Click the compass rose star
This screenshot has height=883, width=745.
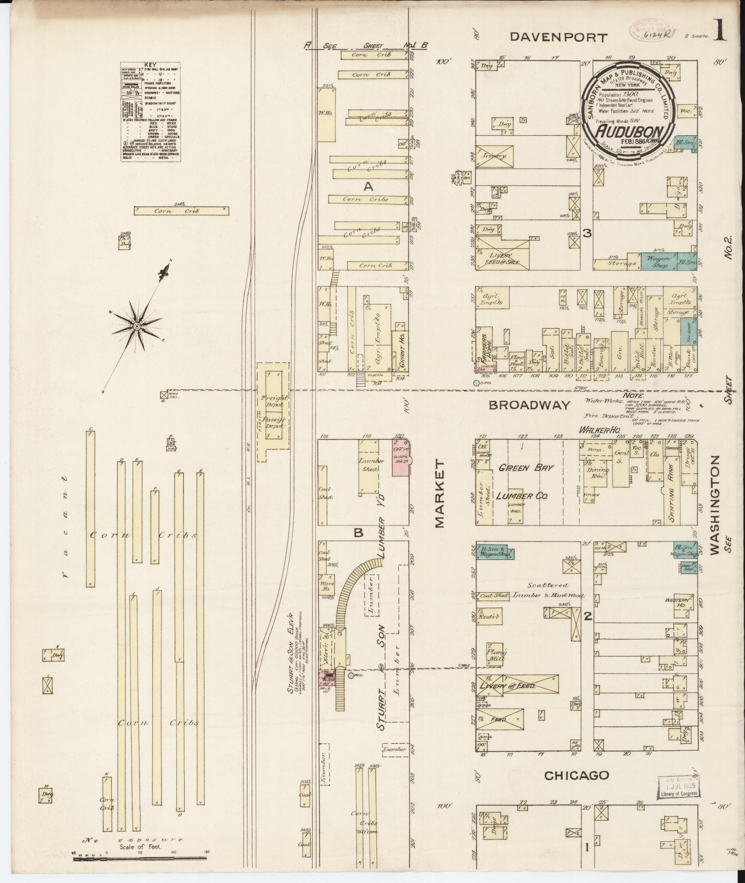tap(137, 326)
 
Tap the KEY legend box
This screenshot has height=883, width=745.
tap(150, 112)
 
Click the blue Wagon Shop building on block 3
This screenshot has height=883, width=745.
tap(658, 262)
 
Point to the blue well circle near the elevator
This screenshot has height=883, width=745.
tap(351, 676)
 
